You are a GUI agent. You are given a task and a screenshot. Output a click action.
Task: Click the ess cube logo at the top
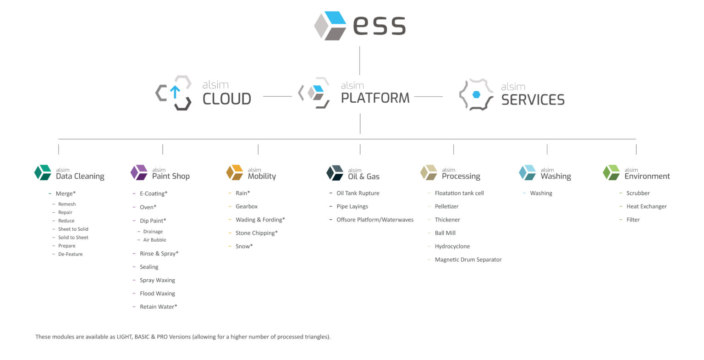[x=330, y=26]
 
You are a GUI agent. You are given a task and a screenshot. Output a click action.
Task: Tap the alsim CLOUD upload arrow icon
[x=174, y=92]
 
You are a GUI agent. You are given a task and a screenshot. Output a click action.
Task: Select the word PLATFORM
[x=375, y=98]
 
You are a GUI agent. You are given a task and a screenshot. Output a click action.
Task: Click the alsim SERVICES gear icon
[x=476, y=94]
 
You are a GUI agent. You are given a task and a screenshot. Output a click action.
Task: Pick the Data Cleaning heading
[x=80, y=176]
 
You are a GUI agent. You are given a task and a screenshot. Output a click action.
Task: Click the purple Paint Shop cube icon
[x=139, y=172]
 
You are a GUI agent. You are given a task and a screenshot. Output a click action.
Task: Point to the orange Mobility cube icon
[x=235, y=172]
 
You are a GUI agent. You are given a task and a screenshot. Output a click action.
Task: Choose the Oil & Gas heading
[x=363, y=177]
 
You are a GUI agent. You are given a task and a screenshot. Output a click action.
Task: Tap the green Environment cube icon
[x=611, y=172]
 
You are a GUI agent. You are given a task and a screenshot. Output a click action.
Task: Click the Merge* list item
[x=66, y=194]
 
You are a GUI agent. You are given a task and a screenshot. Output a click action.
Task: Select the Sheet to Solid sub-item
[x=73, y=229]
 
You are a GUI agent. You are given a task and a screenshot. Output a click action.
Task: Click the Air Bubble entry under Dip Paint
[x=154, y=240]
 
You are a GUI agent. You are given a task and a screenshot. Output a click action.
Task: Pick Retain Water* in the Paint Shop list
[x=158, y=307]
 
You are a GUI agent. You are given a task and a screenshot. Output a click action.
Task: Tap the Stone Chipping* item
[x=256, y=233]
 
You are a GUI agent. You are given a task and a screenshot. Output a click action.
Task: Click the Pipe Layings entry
[x=352, y=206]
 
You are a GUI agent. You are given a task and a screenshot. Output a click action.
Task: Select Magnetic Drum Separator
[x=468, y=260]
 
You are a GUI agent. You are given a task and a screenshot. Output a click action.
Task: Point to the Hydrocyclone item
[x=452, y=246]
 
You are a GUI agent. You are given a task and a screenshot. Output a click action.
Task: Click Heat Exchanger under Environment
[x=646, y=206]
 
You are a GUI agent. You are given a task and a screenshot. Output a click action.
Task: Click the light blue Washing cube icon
[x=527, y=172]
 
